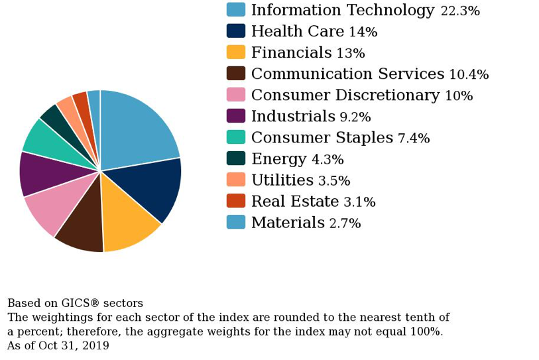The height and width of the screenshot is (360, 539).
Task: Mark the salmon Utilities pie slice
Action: coord(69,109)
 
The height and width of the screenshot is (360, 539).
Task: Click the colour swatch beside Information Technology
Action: coord(236,10)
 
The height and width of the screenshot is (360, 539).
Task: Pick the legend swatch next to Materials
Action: coord(236,222)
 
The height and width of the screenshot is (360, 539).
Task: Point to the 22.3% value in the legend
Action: coord(469,11)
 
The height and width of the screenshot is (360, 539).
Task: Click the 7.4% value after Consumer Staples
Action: coord(413,139)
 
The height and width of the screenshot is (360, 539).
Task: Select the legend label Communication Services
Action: coord(347,74)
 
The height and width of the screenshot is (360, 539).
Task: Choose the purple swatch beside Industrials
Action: coord(236,116)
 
